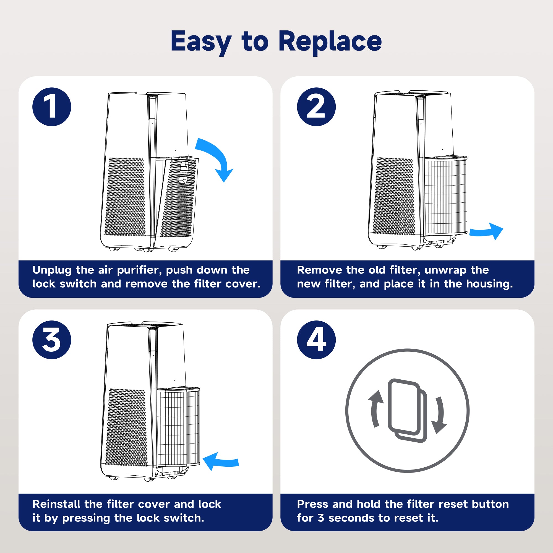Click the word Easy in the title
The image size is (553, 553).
pos(201,41)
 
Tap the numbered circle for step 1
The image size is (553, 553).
pos(52,107)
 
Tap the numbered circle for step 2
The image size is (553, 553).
pos(316,107)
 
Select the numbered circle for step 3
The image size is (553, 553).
pos(52,340)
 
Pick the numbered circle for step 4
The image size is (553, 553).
pos(316,340)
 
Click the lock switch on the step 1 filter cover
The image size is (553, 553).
pos(184,166)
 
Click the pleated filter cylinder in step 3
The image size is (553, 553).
pos(178,426)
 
